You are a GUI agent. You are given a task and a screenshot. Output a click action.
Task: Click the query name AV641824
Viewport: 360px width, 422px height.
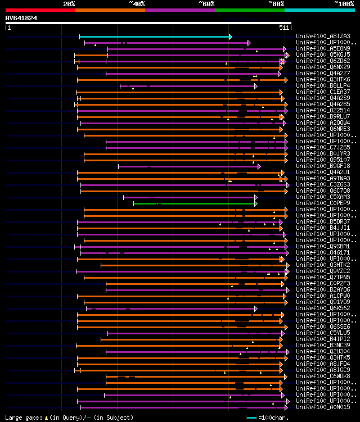pos(21,18)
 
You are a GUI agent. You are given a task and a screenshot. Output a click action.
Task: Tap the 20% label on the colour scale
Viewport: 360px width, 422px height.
pos(69,3)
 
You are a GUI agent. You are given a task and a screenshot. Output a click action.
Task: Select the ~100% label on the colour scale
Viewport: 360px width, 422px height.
pos(344,3)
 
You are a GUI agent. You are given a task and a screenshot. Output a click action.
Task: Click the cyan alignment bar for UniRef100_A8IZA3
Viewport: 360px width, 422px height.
pos(155,37)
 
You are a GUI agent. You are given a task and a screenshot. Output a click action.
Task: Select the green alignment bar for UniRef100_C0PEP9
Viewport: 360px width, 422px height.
pos(194,203)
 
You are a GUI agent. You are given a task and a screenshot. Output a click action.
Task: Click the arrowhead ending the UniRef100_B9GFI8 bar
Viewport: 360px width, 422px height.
pos(259,166)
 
